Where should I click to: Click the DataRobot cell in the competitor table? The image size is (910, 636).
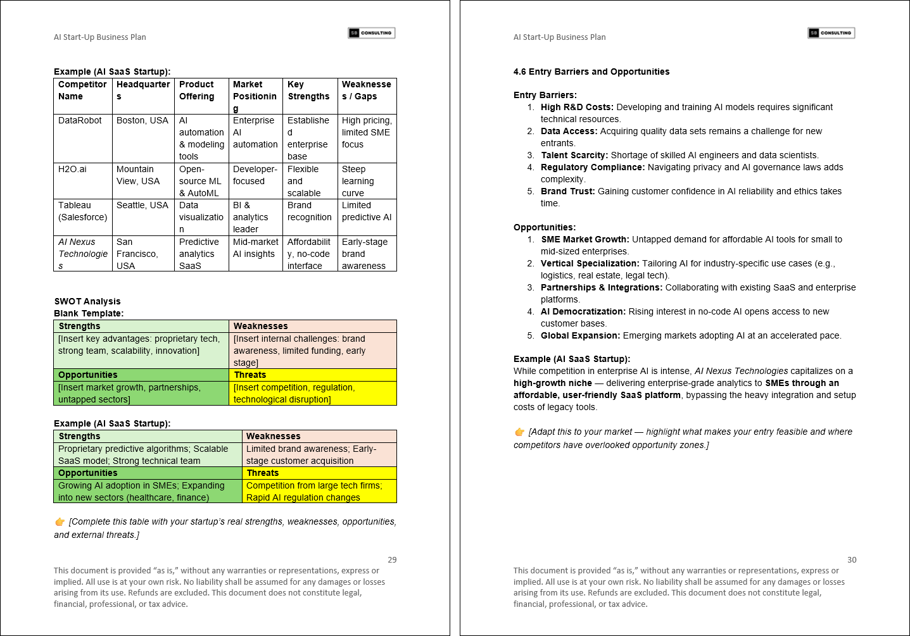tap(80, 121)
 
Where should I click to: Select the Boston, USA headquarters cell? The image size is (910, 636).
tap(142, 121)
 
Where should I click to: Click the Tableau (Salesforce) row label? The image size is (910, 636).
tap(82, 211)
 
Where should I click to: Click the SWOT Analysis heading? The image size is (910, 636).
tap(87, 301)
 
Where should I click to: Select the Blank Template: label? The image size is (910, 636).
tap(89, 313)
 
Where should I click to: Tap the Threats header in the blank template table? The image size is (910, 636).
tap(250, 375)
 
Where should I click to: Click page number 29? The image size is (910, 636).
tap(392, 559)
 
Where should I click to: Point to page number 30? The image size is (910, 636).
tap(852, 559)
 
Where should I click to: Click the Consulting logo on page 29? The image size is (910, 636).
tap(372, 33)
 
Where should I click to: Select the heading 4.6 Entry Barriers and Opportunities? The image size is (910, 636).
tap(591, 72)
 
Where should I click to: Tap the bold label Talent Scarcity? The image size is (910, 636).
tap(574, 155)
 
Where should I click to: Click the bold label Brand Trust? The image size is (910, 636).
tap(567, 191)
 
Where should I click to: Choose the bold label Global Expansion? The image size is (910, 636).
tap(580, 335)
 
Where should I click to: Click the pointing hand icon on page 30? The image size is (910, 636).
tap(520, 432)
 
